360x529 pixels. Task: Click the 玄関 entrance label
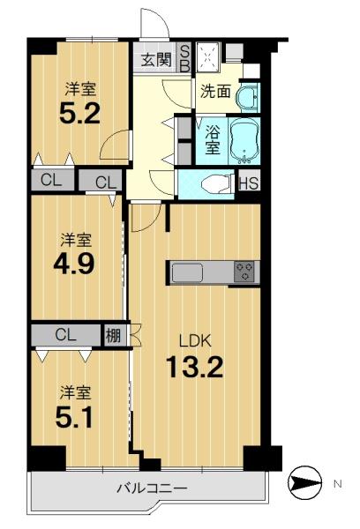pos(156,60)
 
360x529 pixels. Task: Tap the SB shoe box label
pos(184,57)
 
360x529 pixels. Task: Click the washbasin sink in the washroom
pos(249,97)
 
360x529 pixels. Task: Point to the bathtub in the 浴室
pos(244,141)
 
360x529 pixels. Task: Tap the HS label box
pos(249,183)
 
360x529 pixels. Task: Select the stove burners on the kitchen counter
pos(244,272)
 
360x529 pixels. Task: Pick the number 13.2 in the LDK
pos(194,368)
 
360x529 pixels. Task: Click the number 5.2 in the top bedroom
pos(79,114)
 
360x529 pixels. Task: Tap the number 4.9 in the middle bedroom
pos(73,264)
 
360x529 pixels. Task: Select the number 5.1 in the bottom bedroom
pos(74,417)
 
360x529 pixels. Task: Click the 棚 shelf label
pos(113,335)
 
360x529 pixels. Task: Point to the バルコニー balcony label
pos(152,488)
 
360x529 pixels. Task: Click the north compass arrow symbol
pos(305,484)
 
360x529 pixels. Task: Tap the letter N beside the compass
pos(338,484)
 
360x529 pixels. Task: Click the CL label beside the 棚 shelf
pos(66,335)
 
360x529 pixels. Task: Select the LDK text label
pos(195,341)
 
